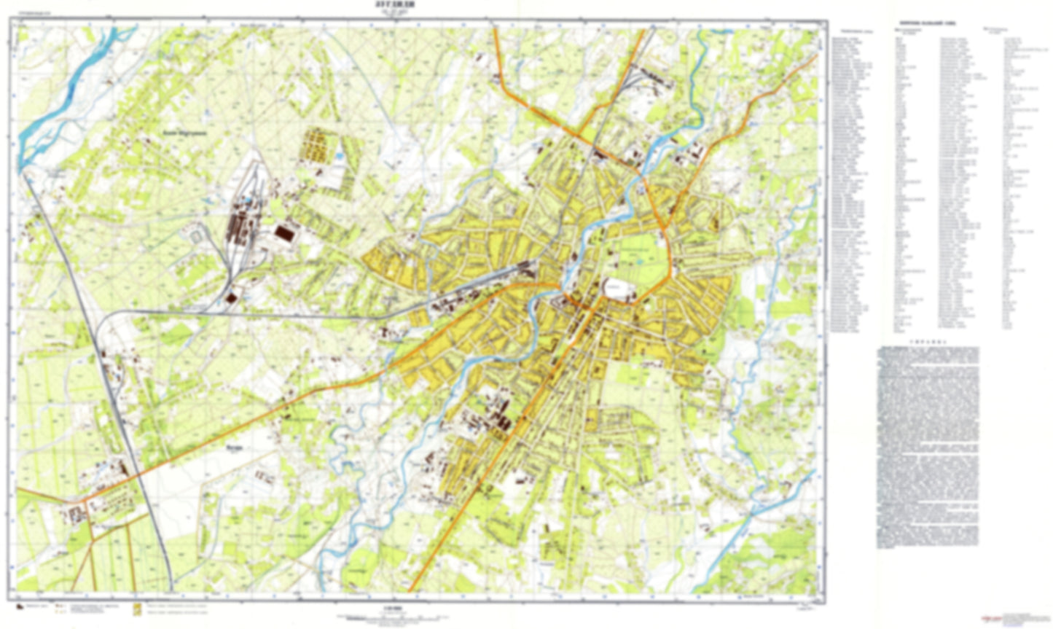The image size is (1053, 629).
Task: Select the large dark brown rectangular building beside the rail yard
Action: [283, 232]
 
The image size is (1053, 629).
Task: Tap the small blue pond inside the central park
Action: [639, 260]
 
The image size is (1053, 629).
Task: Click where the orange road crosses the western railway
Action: [138, 475]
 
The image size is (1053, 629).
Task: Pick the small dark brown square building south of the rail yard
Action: [231, 297]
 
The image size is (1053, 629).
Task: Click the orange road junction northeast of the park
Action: [665, 232]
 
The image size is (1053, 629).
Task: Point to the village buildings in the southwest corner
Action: [77, 514]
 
